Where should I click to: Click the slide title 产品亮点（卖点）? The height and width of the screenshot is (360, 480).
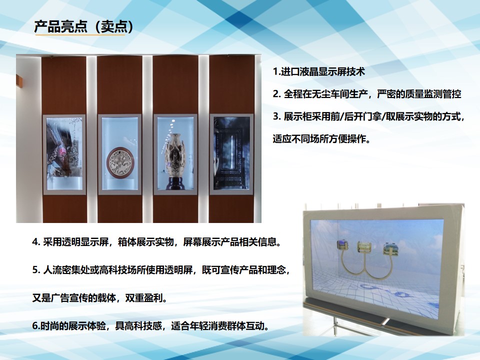83,27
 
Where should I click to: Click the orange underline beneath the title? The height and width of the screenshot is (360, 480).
80,35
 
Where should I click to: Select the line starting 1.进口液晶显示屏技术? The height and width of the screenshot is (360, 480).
319,72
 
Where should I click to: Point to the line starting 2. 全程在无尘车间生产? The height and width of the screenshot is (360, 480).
367,94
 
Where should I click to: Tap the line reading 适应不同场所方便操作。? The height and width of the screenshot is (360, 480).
321,139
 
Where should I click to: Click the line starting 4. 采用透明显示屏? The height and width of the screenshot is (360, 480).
156,242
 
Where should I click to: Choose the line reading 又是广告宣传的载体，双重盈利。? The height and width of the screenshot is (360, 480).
100,298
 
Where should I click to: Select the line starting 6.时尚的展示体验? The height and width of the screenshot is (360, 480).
151,326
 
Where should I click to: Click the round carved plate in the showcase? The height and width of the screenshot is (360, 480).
119,162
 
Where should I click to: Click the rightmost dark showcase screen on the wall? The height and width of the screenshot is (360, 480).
231,153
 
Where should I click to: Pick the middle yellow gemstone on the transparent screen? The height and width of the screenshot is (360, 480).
364,247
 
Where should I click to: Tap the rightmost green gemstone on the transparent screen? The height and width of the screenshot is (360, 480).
390,248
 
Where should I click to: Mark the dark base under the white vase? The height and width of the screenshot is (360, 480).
175,183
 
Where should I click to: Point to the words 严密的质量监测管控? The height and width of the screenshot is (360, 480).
419,94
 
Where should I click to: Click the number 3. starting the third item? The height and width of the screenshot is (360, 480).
276,116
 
